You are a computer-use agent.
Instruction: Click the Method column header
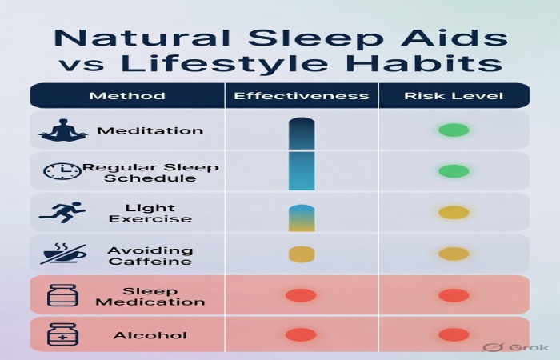[127, 96]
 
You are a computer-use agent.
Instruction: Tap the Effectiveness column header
[302, 96]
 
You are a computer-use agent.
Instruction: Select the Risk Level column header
[453, 96]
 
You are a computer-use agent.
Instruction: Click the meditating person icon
[63, 130]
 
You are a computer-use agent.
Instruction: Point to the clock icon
[62, 171]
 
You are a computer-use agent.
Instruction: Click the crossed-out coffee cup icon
[62, 254]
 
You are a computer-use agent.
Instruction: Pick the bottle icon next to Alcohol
[62, 334]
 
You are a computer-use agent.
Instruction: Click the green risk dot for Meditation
[454, 130]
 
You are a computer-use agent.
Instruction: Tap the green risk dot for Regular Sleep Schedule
[454, 171]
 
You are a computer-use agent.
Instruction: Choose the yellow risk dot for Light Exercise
[454, 213]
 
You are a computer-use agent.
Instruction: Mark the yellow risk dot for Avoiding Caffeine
[454, 254]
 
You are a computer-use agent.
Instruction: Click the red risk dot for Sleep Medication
[454, 295]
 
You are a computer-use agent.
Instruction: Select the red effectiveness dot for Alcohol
[301, 334]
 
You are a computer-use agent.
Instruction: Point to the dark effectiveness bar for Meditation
[302, 133]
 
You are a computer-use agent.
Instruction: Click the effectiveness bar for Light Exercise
[302, 218]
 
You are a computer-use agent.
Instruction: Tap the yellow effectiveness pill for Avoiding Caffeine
[302, 254]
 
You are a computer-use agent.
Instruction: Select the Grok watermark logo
[506, 347]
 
